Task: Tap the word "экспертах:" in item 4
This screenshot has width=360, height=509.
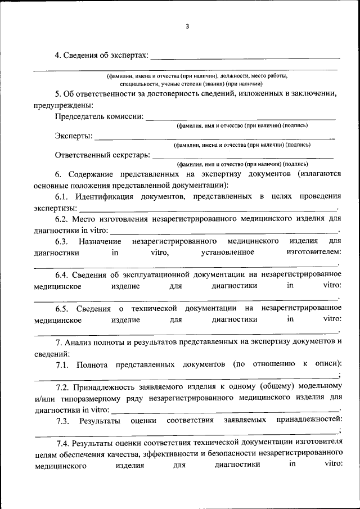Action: coord(130,55)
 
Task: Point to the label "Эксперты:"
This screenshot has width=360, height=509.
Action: coord(74,136)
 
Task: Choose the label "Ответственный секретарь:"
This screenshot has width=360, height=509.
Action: coord(102,155)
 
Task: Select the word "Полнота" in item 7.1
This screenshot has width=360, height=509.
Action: coord(92,364)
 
